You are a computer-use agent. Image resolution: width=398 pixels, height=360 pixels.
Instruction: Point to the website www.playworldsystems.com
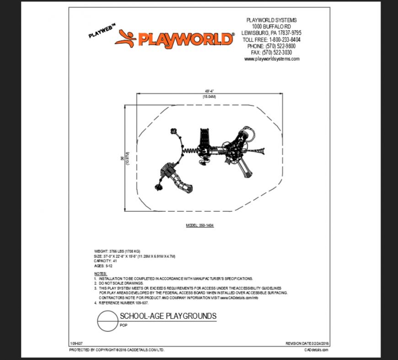(272, 59)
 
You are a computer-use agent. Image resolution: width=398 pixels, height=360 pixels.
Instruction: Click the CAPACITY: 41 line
(106, 261)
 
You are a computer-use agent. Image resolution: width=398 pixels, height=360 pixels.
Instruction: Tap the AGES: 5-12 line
(103, 265)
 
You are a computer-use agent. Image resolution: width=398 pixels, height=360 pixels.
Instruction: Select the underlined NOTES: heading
(100, 273)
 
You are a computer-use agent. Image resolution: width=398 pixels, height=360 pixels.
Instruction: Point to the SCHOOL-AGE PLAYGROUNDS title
(168, 316)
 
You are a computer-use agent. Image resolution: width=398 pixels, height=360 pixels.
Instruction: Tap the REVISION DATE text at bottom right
(307, 343)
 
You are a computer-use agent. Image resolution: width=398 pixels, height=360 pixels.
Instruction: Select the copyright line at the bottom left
(117, 350)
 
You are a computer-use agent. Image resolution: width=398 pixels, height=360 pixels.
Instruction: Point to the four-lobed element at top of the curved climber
(173, 131)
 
